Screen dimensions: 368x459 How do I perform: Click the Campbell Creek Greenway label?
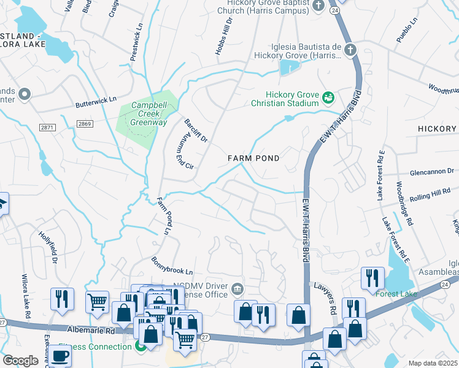(149, 113)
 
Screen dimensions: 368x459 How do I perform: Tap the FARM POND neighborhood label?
(253, 158)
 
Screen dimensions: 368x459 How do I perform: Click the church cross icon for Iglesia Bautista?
(350, 50)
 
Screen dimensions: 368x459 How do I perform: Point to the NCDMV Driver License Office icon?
(237, 289)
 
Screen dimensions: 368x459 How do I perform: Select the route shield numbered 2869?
(85, 124)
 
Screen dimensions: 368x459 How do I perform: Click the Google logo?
(20, 361)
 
